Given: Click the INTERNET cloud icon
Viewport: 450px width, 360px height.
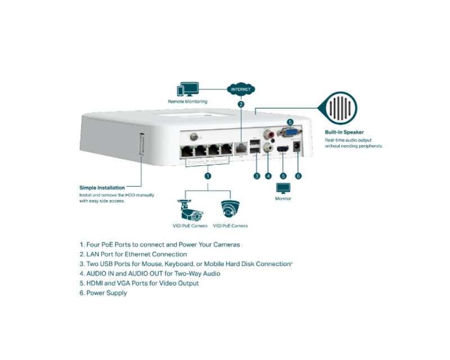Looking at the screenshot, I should point(241,89).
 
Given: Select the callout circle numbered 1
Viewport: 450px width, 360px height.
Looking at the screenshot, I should point(208,175).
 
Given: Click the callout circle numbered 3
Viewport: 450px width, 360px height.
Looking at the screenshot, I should point(256,175).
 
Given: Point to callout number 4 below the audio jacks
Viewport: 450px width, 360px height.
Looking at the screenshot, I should point(268,175).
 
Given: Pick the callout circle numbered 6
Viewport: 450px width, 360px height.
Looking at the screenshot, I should point(298,175).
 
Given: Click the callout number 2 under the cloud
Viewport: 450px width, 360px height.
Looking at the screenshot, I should point(241,104).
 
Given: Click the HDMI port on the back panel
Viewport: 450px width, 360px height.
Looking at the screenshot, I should point(283,149).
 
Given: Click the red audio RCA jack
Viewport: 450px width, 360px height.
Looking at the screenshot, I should point(268,135).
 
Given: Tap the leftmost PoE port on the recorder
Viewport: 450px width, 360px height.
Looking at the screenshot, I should point(187,151).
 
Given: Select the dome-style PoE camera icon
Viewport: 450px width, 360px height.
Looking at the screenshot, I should point(230,209).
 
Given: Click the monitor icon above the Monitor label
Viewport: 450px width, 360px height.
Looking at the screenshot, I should point(282,188).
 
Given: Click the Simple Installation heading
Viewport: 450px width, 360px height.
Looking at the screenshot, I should point(102,187).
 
